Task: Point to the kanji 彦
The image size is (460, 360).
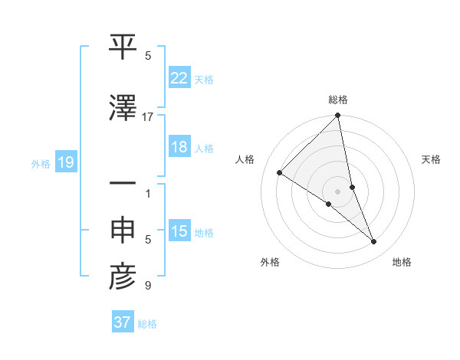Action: [123, 278]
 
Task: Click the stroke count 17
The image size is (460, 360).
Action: [148, 116]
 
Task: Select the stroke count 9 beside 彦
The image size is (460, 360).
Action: [148, 286]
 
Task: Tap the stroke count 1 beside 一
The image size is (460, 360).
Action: [148, 193]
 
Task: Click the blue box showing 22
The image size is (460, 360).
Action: [179, 79]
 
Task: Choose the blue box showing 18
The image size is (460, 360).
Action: [179, 148]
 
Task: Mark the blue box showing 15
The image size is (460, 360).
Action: [179, 232]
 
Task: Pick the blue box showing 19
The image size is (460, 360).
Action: [66, 163]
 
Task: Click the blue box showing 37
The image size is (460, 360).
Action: [122, 322]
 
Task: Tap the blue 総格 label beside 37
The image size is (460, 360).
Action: [147, 324]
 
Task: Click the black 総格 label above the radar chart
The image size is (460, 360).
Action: [338, 100]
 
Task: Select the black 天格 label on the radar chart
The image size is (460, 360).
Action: [431, 159]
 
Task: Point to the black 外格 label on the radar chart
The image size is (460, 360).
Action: [270, 263]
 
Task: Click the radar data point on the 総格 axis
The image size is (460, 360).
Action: [338, 116]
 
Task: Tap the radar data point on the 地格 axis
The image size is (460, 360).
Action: [374, 241]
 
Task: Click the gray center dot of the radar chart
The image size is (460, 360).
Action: [338, 191]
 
